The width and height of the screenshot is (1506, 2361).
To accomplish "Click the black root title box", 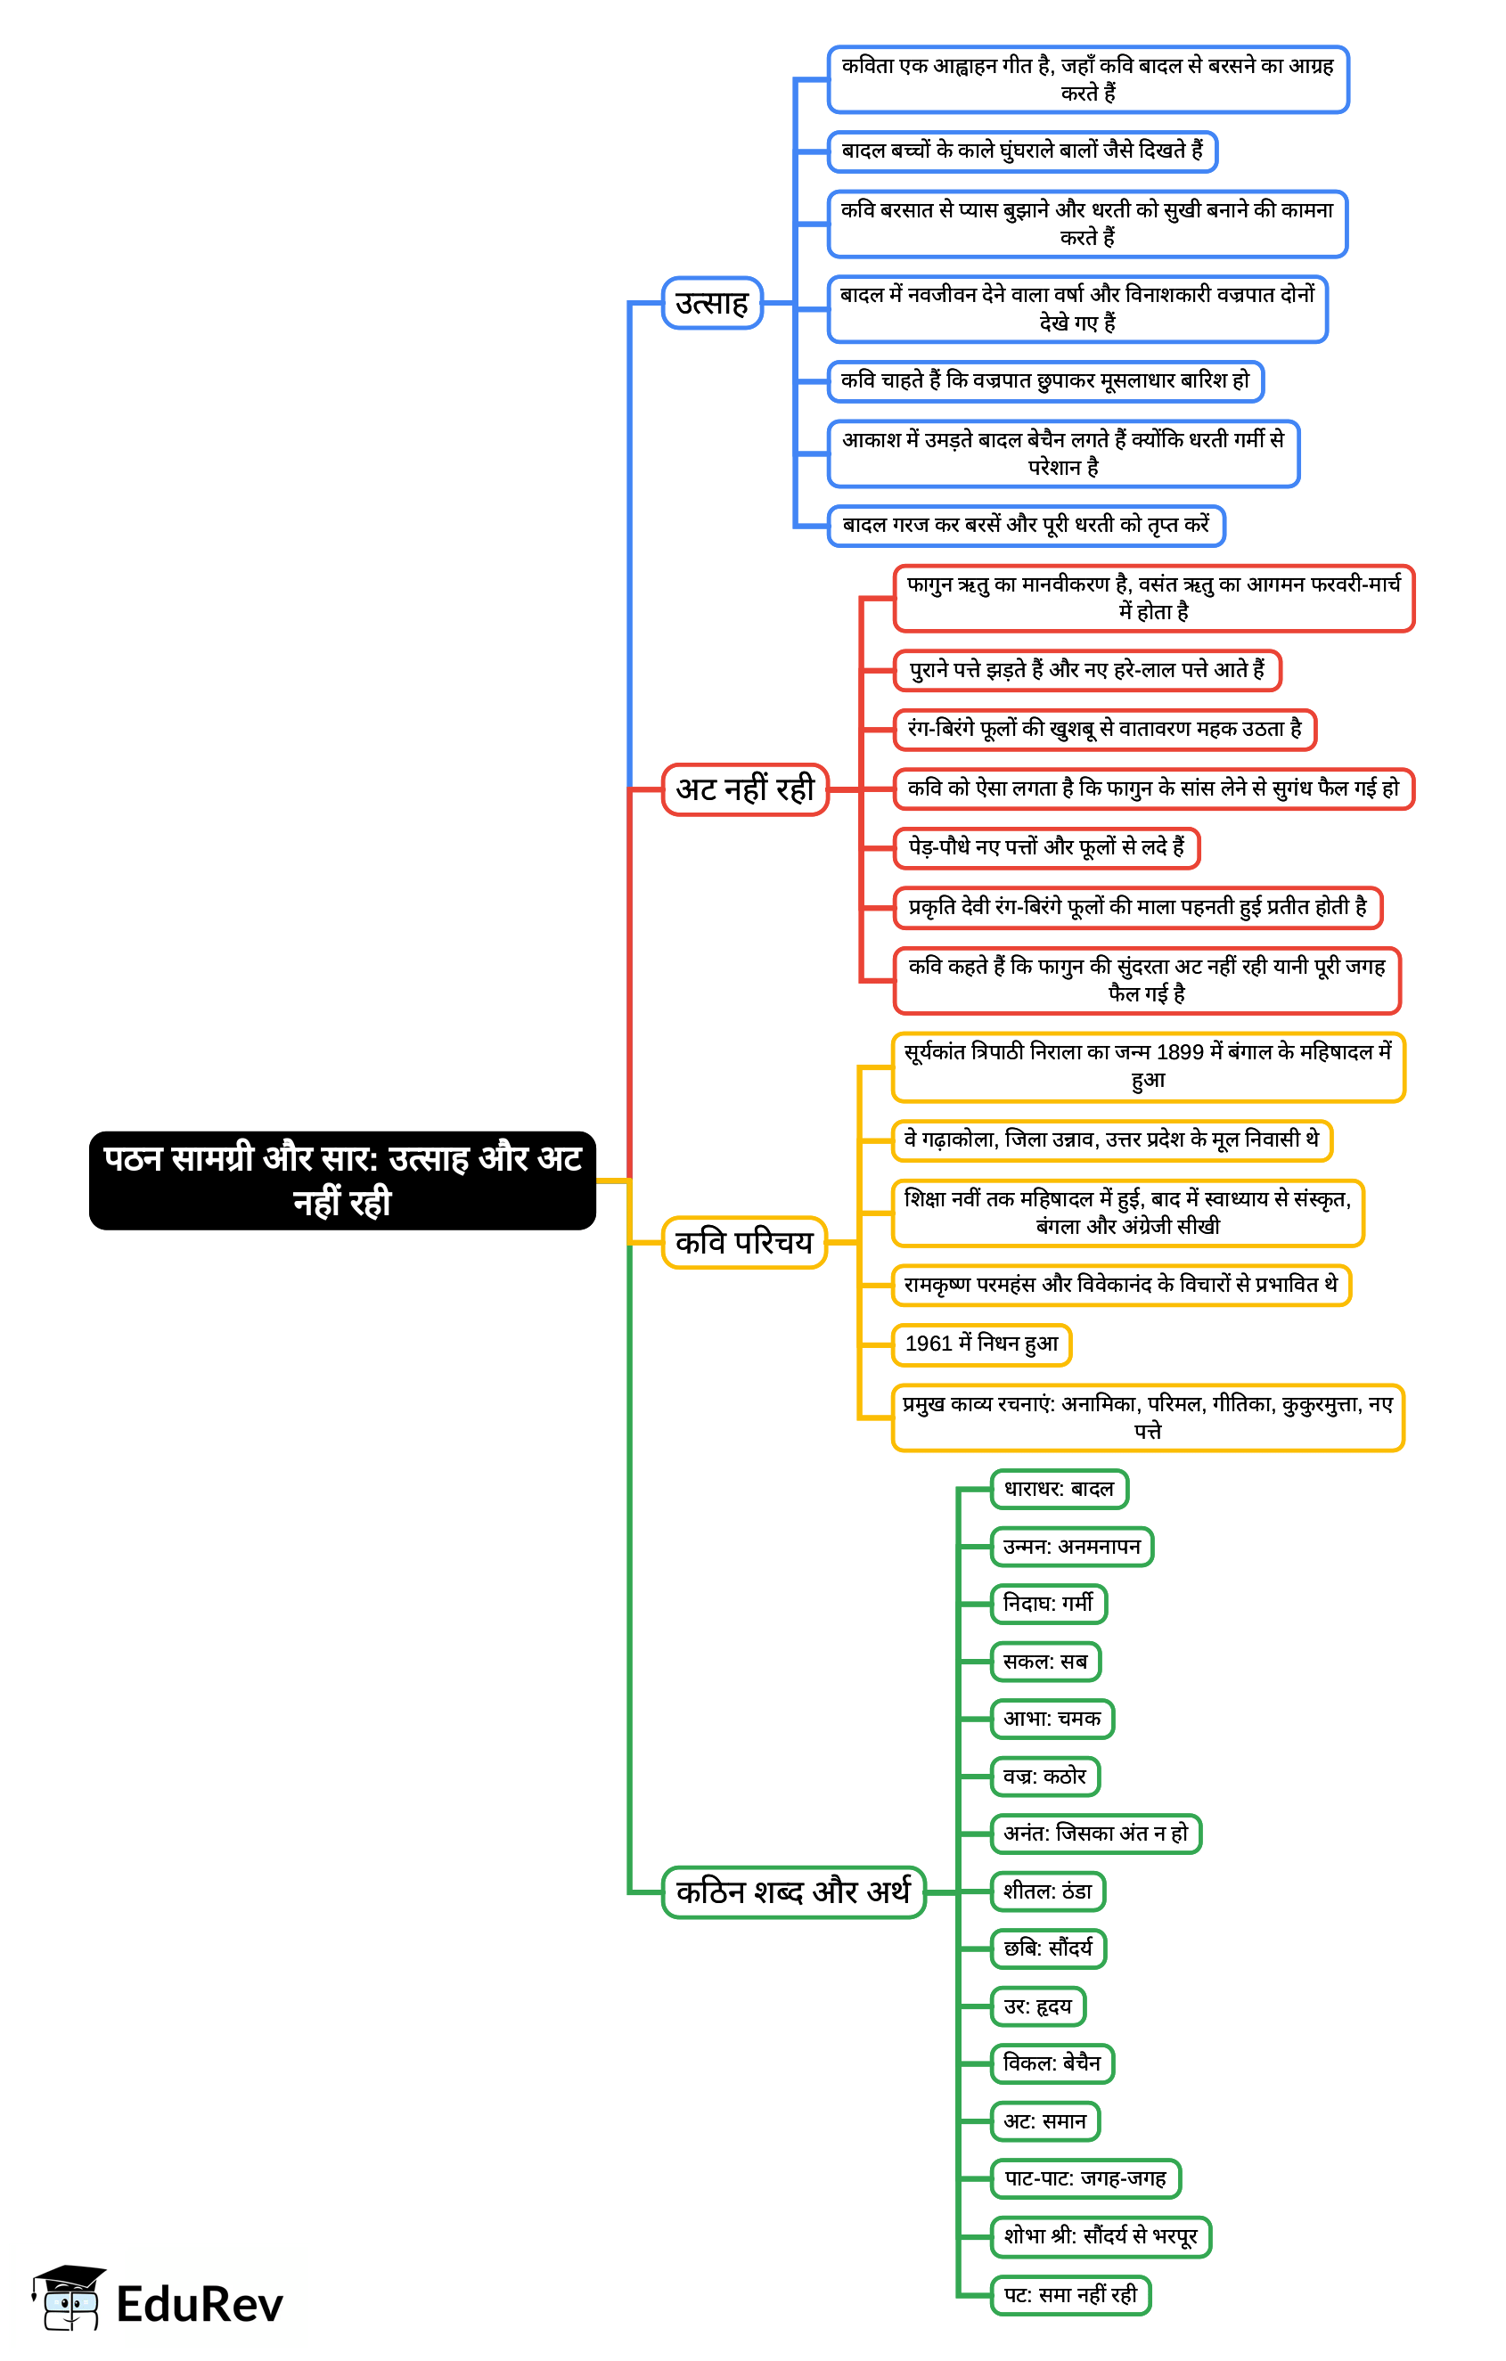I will (342, 1180).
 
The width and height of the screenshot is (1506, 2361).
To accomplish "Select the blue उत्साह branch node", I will (712, 303).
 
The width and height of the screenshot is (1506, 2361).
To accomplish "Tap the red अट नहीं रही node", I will (745, 789).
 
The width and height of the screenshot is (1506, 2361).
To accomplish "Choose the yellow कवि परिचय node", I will (744, 1242).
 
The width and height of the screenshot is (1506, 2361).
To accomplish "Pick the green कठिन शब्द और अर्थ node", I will (793, 1891).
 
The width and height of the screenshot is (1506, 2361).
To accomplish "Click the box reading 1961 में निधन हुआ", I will (981, 1344).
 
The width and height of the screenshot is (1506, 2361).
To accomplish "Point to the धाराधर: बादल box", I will (1059, 1490).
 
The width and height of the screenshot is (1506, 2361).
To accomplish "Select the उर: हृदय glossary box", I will (1037, 2006).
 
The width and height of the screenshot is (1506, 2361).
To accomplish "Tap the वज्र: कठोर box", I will (1045, 1776).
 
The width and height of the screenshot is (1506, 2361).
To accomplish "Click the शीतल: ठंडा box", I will (1048, 1891).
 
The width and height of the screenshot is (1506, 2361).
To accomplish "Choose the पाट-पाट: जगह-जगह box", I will (1085, 2178).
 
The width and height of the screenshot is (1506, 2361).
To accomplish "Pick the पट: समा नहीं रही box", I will (1070, 2294).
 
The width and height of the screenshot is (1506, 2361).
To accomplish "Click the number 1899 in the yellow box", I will (1180, 1053).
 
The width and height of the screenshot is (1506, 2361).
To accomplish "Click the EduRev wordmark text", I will (200, 2304).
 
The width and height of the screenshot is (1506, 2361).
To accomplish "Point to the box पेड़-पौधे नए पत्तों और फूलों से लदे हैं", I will (1046, 848).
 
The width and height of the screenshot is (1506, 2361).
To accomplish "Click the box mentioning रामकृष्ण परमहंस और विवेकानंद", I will (1121, 1286).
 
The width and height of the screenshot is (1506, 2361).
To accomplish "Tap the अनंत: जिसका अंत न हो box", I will (1096, 1834).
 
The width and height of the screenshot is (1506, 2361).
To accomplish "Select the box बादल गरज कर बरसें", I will (1026, 526).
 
